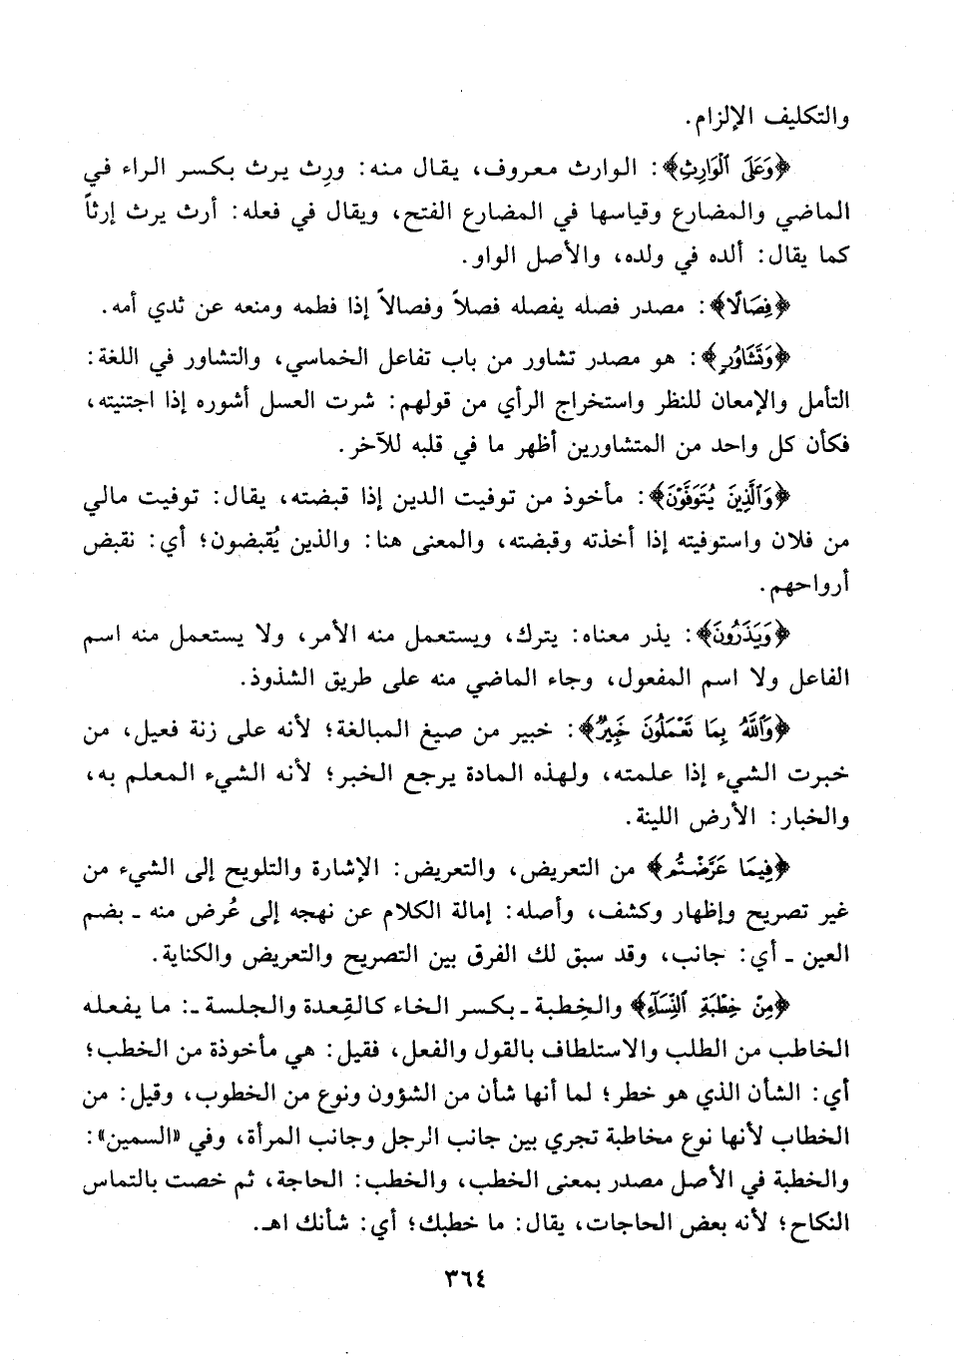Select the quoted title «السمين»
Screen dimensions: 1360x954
(162, 1140)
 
